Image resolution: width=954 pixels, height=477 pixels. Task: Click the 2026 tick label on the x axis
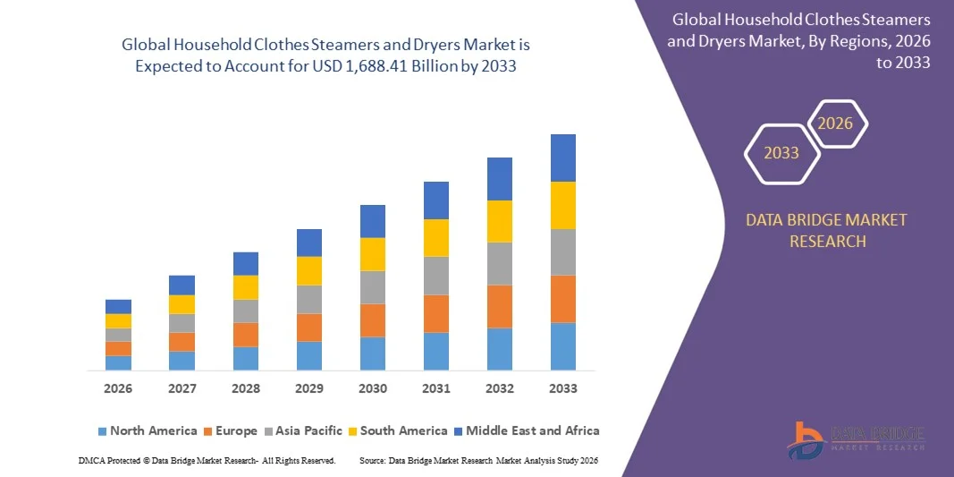[118, 388]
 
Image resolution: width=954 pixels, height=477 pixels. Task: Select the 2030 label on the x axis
[373, 388]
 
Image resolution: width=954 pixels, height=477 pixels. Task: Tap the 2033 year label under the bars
[563, 388]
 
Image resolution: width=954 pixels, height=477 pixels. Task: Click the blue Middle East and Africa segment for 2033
[563, 158]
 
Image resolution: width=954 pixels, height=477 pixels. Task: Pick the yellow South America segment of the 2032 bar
[499, 221]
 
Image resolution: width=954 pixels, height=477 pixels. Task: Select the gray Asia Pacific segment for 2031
[435, 276]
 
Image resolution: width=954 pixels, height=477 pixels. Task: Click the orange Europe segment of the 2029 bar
[309, 328]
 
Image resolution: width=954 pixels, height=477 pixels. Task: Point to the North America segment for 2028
[246, 358]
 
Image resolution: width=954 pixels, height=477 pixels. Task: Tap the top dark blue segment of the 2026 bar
[118, 306]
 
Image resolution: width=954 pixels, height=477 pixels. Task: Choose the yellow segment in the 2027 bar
[182, 304]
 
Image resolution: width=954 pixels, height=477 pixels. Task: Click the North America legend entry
[147, 430]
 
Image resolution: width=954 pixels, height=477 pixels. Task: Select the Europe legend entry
[229, 430]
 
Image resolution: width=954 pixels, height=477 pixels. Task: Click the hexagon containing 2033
[781, 153]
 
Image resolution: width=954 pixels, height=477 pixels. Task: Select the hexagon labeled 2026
[836, 124]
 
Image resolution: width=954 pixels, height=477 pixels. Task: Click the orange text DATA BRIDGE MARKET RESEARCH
[826, 230]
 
